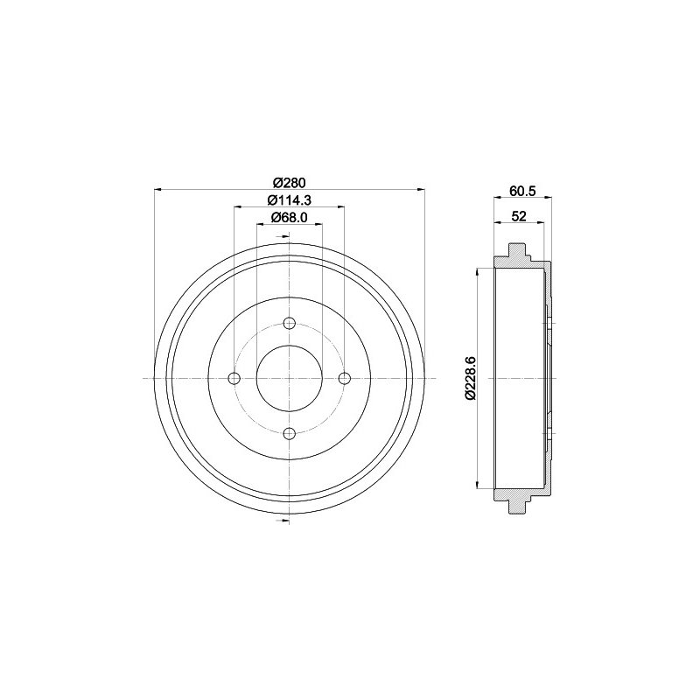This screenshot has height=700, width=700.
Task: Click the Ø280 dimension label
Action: click(x=289, y=182)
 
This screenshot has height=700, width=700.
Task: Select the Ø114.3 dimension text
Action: click(x=289, y=200)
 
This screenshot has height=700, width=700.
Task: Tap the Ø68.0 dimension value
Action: click(x=290, y=217)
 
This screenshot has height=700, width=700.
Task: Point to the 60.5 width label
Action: click(x=522, y=191)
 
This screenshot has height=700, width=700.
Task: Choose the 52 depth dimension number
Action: click(x=519, y=216)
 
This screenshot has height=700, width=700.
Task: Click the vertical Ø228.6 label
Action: click(x=470, y=378)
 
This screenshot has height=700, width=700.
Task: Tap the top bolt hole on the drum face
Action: click(x=290, y=323)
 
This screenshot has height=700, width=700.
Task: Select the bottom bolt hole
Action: click(x=290, y=433)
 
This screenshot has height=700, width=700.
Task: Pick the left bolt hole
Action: click(x=234, y=378)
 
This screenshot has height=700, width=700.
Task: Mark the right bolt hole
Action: click(x=344, y=378)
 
